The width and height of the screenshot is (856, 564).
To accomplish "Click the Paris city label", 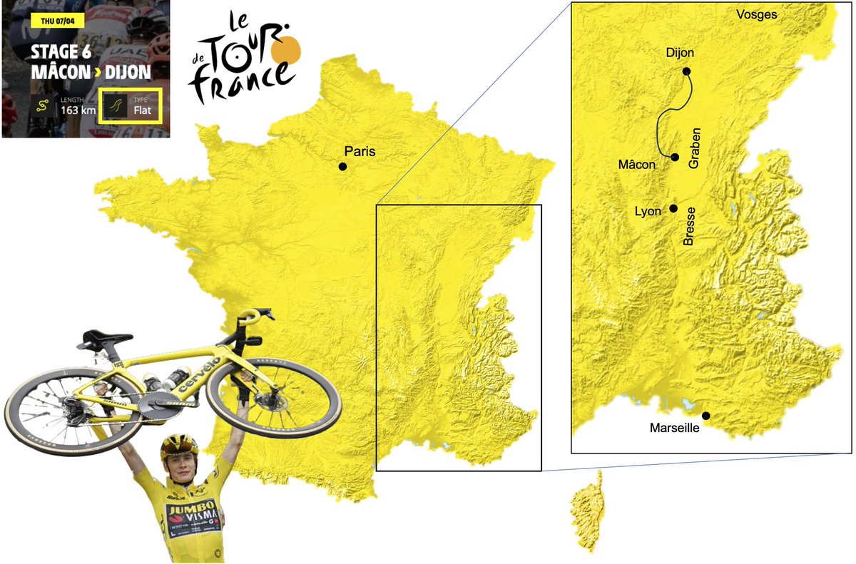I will pos(360,151).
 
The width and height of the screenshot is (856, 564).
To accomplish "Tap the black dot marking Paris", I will pos(342,167).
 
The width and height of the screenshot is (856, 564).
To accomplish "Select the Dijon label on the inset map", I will pos(679,53).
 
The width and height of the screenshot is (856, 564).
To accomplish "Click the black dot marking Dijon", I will pos(686,71).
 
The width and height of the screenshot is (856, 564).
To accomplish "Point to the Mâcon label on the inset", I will pos(636,165).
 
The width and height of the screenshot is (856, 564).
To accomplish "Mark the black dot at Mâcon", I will pos(674,157).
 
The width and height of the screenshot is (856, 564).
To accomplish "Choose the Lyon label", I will pos(648,212).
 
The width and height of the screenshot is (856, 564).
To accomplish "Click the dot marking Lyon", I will pos(673,209).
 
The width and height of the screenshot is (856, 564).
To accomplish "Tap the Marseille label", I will pos(674,429).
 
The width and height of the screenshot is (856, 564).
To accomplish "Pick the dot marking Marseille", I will pos(705,416).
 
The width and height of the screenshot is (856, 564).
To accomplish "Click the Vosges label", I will pos(756,15).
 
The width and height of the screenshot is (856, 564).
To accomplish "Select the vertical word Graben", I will pos(696,148).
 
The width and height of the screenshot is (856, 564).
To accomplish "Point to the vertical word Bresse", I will pos(689,227).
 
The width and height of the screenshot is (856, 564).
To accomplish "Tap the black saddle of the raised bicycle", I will pos(107,336).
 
